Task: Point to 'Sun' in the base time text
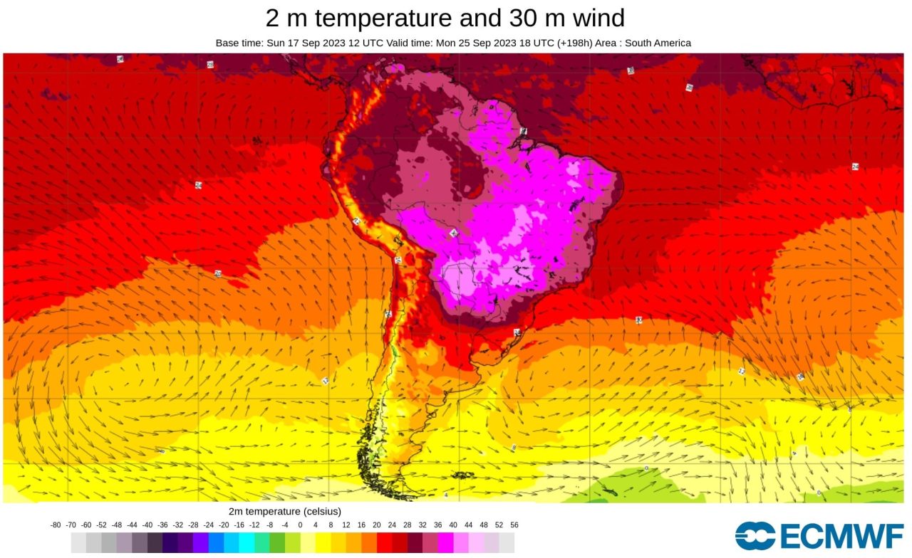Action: tap(276, 43)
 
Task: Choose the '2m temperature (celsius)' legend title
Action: tap(285, 511)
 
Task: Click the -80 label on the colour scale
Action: tap(56, 525)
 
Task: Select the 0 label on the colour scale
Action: tap(300, 525)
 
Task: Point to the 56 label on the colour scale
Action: tap(514, 525)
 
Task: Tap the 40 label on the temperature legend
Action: tap(453, 525)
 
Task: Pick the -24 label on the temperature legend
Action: tap(209, 525)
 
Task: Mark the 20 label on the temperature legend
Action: tap(377, 525)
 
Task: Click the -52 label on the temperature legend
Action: tap(102, 525)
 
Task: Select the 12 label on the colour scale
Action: tap(346, 525)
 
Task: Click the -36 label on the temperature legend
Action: tap(163, 525)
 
